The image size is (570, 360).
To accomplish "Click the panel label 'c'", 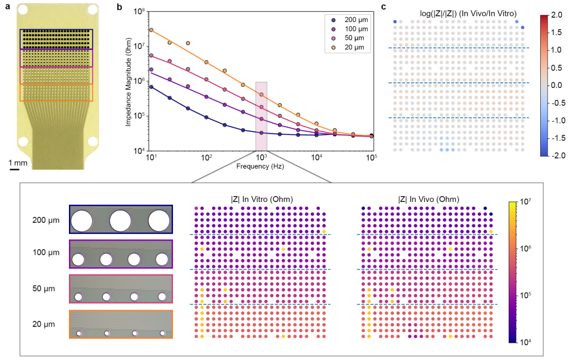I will coord(384,8).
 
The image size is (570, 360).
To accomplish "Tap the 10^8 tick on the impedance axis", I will coord(140,12).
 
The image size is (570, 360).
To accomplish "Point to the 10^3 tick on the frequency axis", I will coord(262,159).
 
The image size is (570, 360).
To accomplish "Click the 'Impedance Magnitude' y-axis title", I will coord(128,82).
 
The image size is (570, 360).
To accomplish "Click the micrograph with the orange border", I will coord(121,325).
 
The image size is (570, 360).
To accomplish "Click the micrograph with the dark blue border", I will coord(121,220).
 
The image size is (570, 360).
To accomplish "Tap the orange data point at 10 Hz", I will coord(152,30).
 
